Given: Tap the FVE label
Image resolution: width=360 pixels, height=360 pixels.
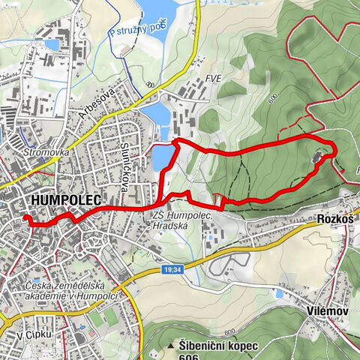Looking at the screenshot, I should (213, 77).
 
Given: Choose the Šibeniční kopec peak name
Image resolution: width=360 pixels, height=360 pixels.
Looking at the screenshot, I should (218, 346).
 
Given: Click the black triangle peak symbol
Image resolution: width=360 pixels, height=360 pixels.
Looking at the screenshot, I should (172, 346).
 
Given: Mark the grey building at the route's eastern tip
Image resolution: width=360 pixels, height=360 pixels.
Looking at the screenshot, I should (319, 157).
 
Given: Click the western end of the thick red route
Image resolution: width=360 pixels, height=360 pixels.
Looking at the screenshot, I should (26, 219).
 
